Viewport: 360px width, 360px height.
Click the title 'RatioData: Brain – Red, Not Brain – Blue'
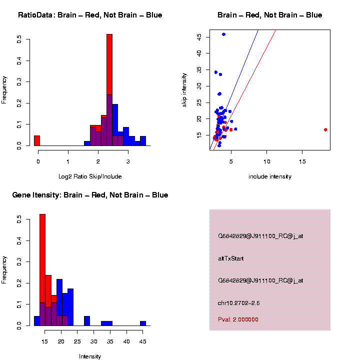click(90, 15)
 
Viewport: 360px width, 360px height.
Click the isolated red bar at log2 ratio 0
click(37, 140)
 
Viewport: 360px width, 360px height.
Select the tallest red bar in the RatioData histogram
click(109, 65)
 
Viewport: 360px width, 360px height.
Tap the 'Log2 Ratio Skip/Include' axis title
click(90, 176)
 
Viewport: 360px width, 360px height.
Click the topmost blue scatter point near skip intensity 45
click(223, 34)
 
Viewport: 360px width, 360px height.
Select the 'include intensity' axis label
click(270, 176)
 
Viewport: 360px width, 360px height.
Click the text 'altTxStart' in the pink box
click(231, 258)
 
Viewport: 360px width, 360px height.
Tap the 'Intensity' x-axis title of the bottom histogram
click(90, 356)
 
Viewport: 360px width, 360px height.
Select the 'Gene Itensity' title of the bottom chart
click(90, 195)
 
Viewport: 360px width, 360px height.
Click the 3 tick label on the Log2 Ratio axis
click(128, 161)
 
